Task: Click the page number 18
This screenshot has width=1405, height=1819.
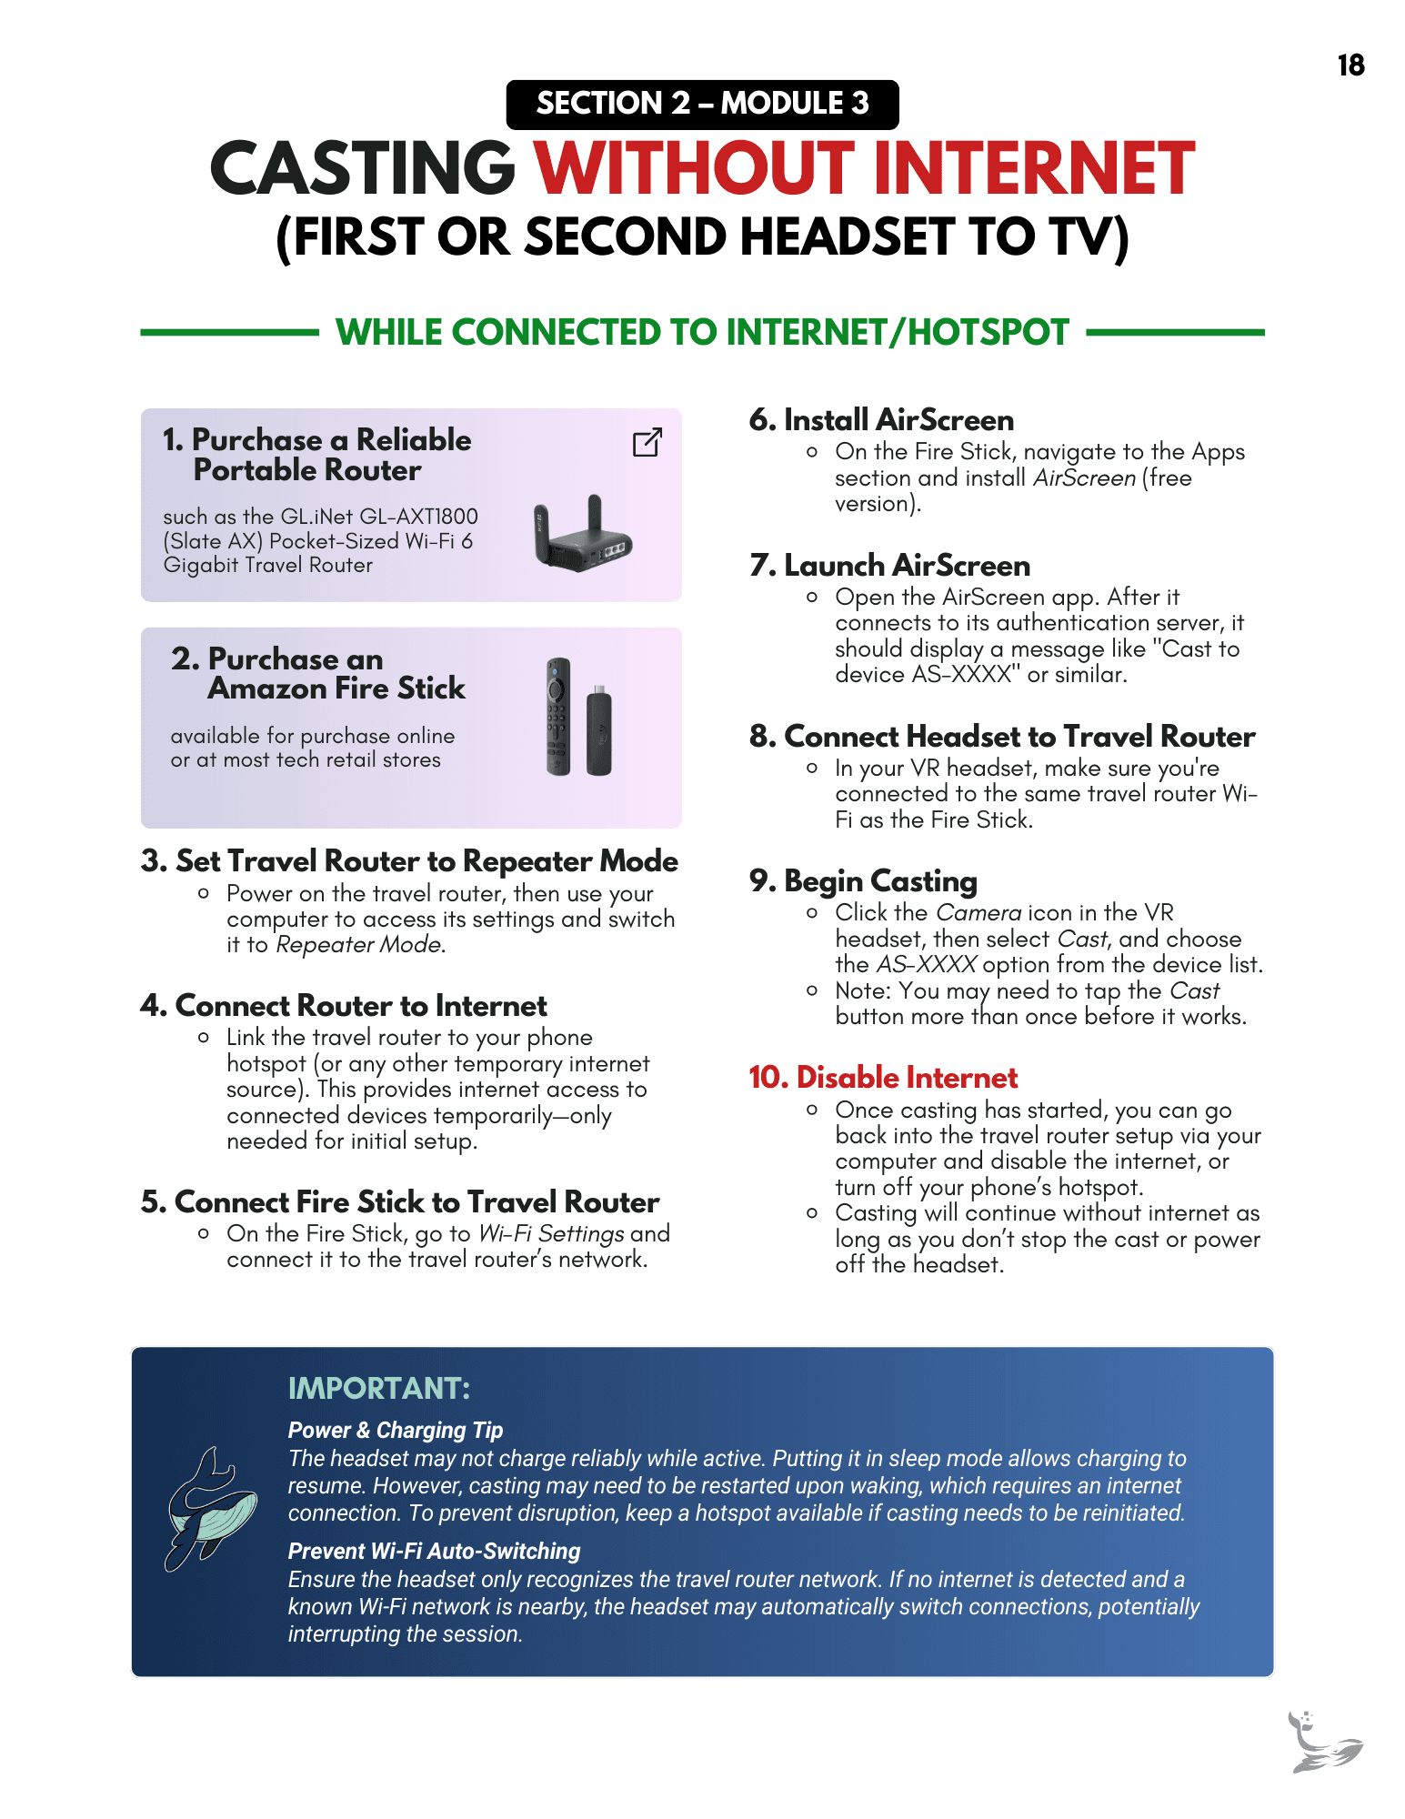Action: [x=1350, y=65]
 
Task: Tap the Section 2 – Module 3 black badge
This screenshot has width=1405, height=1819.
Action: [x=702, y=104]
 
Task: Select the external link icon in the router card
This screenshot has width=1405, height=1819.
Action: [x=647, y=442]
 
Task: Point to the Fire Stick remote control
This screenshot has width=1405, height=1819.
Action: [x=558, y=716]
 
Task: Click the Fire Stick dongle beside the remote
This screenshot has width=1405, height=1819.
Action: [x=598, y=731]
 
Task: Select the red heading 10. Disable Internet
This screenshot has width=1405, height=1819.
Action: [x=883, y=1078]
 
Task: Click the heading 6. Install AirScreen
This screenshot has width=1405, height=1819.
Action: [x=881, y=420]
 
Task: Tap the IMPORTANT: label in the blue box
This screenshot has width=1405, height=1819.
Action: [x=379, y=1389]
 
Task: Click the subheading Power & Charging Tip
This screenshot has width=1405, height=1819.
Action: [x=396, y=1431]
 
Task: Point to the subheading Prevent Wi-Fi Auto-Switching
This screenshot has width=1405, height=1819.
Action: [x=434, y=1552]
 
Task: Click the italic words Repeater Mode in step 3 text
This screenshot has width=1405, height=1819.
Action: [x=359, y=945]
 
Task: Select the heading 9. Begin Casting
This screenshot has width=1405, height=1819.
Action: [x=863, y=881]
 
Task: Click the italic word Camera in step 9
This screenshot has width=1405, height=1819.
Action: [x=978, y=913]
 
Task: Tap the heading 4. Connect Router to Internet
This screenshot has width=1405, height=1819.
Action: [x=344, y=1006]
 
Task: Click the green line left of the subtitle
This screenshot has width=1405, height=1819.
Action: [x=228, y=333]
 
